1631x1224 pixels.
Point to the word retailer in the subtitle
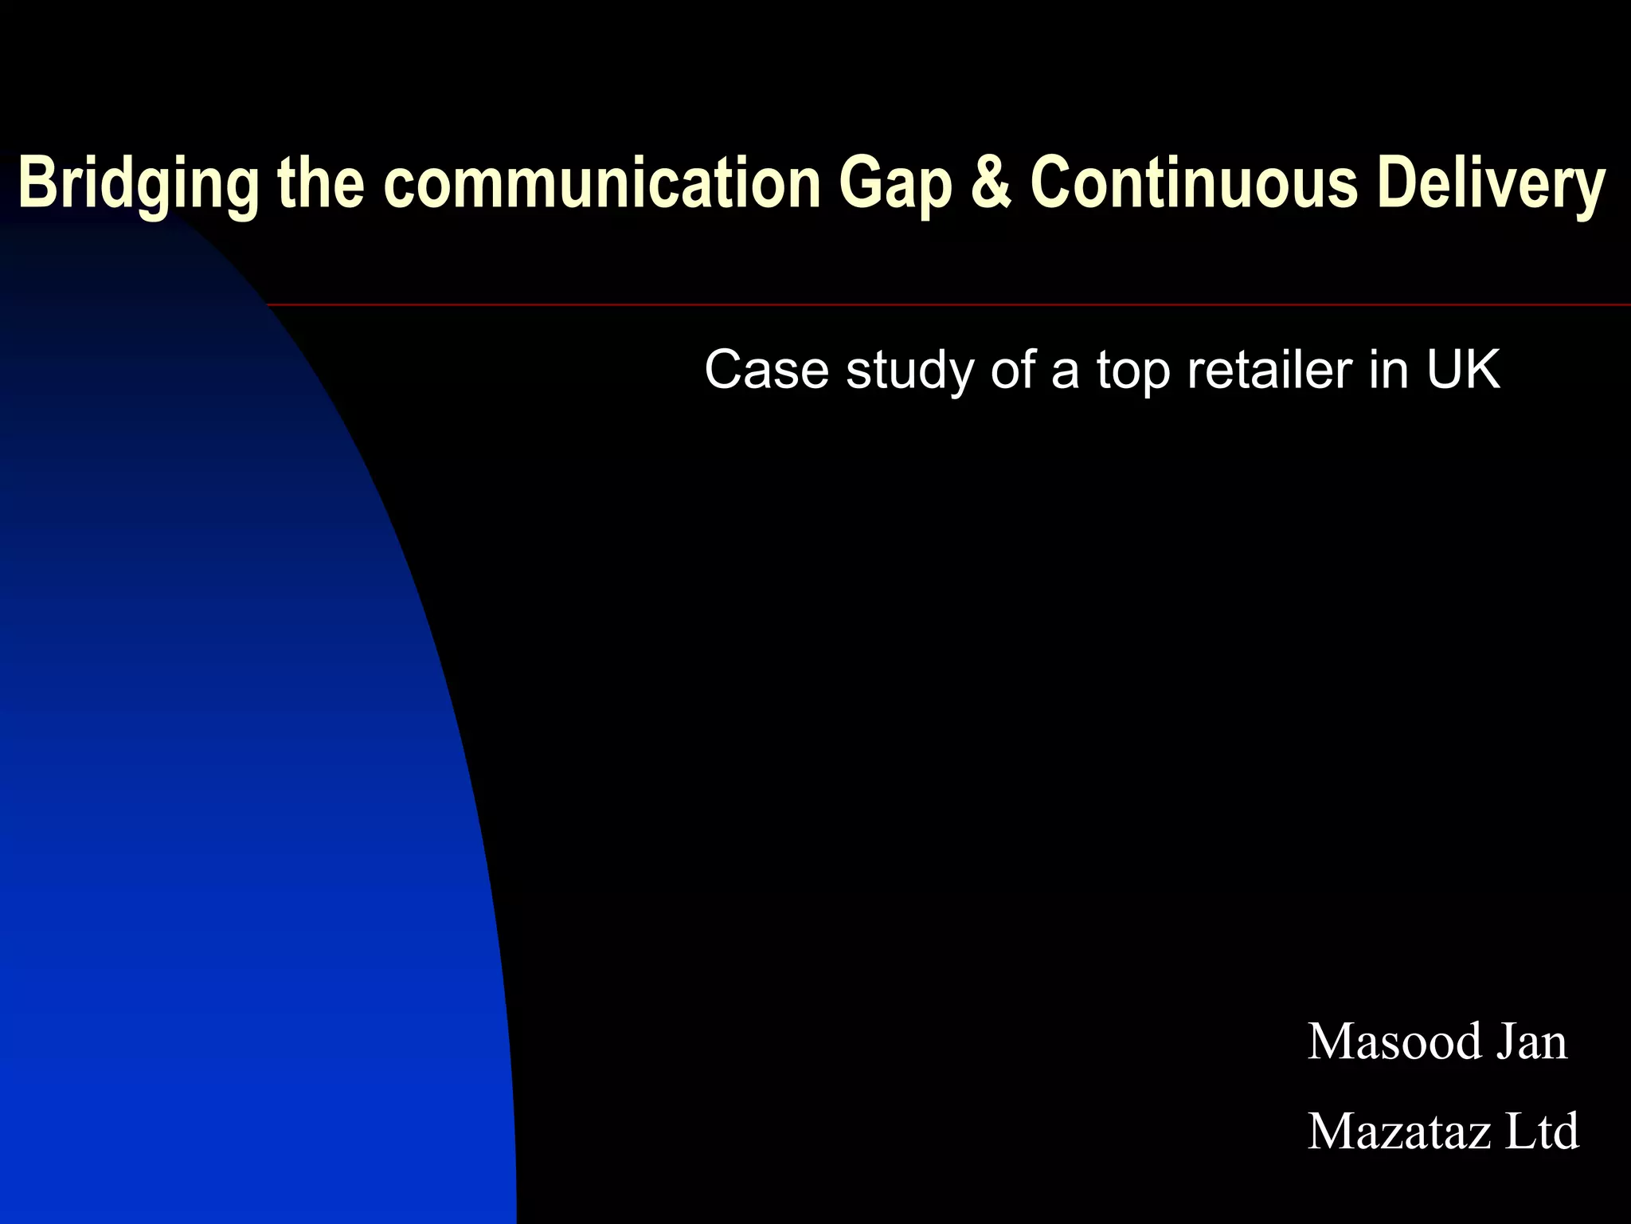point(1269,370)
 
